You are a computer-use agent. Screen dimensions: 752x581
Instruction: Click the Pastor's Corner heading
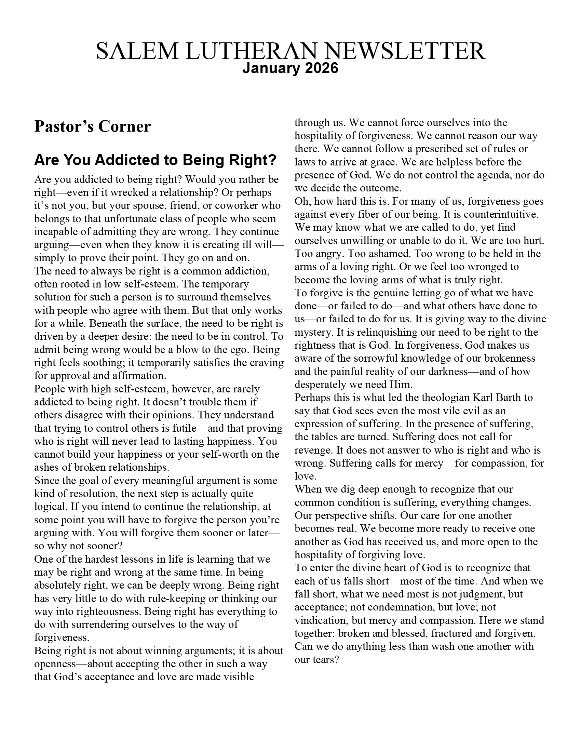click(92, 126)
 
